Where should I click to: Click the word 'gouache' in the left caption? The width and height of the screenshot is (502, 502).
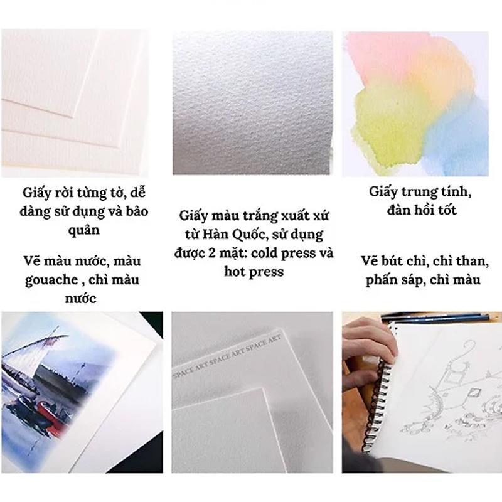pos(48,280)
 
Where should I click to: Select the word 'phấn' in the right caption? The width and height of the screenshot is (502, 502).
pos(385,280)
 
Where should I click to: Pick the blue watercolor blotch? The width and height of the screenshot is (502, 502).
pos(461,132)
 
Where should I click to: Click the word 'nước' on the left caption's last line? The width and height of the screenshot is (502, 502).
pos(81,298)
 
